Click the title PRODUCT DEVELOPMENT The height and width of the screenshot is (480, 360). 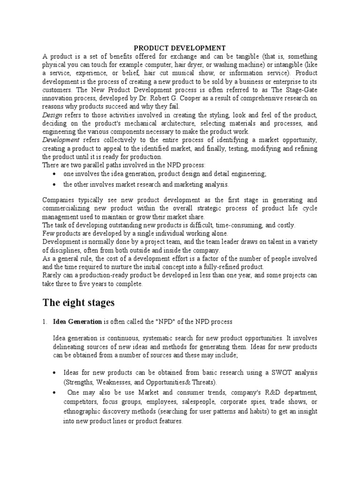180,48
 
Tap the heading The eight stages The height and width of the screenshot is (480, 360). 78,302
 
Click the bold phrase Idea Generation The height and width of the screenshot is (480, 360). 77,322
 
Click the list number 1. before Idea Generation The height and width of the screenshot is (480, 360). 45,322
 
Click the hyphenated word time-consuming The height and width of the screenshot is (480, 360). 235,225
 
